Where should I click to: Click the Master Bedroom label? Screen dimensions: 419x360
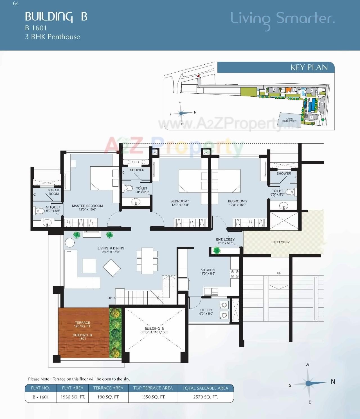pyautogui.click(x=87, y=207)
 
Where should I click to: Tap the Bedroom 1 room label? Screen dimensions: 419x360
pyautogui.click(x=180, y=203)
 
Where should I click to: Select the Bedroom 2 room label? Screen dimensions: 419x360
pyautogui.click(x=237, y=203)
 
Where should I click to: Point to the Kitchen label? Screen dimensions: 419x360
pyautogui.click(x=208, y=271)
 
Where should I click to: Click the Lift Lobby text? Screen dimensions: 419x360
pyautogui.click(x=280, y=242)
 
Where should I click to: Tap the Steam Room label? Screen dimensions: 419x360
pyautogui.click(x=53, y=192)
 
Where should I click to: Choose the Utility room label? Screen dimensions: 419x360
pyautogui.click(x=206, y=312)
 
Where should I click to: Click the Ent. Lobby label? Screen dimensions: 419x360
pyautogui.click(x=225, y=241)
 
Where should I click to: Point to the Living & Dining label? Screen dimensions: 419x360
pyautogui.click(x=111, y=250)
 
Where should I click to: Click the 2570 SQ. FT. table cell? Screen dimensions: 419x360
pyautogui.click(x=205, y=397)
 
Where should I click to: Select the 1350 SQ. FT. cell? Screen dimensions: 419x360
pyautogui.click(x=153, y=397)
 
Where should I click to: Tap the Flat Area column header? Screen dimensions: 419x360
pyautogui.click(x=73, y=388)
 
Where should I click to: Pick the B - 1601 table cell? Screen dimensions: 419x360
pyautogui.click(x=41, y=397)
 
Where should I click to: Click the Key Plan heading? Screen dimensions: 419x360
pyautogui.click(x=309, y=67)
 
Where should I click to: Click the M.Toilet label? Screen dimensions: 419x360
pyautogui.click(x=53, y=209)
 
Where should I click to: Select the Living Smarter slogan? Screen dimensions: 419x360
pyautogui.click(x=282, y=19)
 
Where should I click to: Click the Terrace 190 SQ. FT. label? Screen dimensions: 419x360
pyautogui.click(x=82, y=324)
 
